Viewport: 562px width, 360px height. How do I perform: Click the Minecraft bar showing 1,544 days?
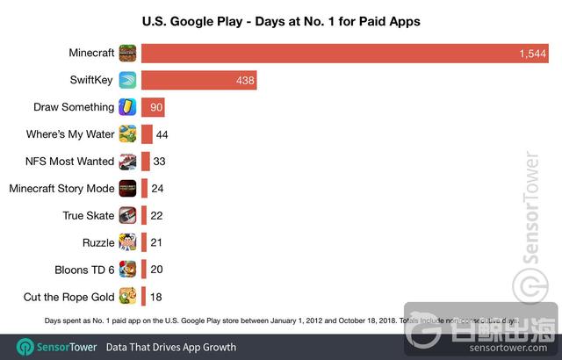342,54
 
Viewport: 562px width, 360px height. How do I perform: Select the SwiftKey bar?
198,81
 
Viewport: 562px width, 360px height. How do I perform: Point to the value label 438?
244,81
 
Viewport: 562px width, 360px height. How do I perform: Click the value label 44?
162,134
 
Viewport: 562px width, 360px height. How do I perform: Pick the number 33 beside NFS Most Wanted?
159,162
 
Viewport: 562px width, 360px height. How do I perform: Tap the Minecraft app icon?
128,54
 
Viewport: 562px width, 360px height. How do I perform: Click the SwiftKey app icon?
128,81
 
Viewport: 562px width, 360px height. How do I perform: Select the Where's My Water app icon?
128,134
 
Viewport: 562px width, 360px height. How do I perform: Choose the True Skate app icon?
128,215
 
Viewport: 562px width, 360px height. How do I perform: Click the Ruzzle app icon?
128,242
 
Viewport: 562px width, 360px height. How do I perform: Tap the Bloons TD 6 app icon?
128,269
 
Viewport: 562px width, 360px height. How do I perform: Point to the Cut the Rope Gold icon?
128,296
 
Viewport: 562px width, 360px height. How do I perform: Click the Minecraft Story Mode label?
61,189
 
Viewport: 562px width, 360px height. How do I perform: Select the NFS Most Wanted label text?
70,162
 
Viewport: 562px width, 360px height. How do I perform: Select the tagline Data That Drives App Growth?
171,346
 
